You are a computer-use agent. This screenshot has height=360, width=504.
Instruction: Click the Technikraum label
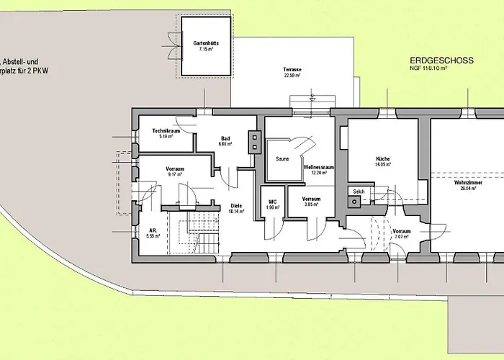[165, 130]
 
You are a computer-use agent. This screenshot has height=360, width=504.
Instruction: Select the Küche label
[383, 158]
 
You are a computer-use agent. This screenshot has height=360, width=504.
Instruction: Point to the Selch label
[359, 192]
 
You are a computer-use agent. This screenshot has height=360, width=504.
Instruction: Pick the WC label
[273, 202]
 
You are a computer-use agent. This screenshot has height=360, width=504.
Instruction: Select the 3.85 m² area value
[312, 204]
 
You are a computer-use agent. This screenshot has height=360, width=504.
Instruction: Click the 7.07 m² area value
[401, 237]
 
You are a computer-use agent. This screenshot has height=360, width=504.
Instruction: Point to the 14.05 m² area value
[383, 164]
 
